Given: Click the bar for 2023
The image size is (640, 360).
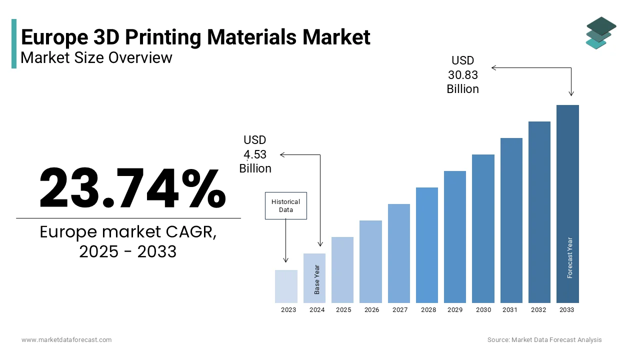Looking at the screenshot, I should [x=286, y=286].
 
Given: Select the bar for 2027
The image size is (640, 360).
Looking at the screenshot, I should [x=398, y=253].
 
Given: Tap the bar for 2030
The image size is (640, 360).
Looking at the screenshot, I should [x=483, y=228].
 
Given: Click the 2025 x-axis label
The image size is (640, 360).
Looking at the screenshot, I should [x=343, y=310].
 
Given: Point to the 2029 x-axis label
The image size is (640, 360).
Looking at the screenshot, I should [x=454, y=310].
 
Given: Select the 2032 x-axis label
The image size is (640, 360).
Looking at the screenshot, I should [x=538, y=310].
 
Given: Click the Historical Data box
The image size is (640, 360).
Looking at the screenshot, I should [x=285, y=205].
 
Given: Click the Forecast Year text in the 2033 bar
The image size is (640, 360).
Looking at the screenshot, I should [x=569, y=257].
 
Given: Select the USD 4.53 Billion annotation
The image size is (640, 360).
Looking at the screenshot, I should [x=255, y=154].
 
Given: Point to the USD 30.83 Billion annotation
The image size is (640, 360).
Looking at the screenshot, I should [x=462, y=75].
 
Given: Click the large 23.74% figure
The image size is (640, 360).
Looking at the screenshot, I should [x=132, y=188].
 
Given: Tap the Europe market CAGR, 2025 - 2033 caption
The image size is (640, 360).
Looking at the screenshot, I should [x=128, y=242].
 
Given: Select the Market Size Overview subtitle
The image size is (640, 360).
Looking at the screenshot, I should [x=96, y=58].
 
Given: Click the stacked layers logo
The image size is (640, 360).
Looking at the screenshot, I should [x=600, y=33].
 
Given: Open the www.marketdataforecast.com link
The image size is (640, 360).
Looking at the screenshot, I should [x=66, y=340].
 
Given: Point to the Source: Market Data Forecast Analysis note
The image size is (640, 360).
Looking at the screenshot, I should [x=544, y=340].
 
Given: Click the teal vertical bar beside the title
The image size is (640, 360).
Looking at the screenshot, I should [x=14, y=43].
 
